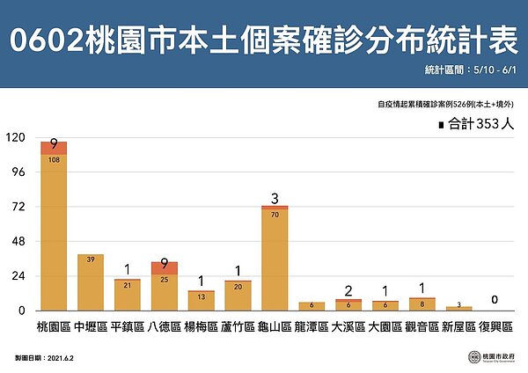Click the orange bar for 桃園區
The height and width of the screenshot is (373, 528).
[54, 233]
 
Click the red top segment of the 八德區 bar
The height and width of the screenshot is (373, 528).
[165, 268]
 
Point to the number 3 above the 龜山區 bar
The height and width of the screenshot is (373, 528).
[275, 197]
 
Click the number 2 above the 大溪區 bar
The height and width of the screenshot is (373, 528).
[348, 290]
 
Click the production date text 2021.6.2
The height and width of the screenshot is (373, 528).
[66, 359]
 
